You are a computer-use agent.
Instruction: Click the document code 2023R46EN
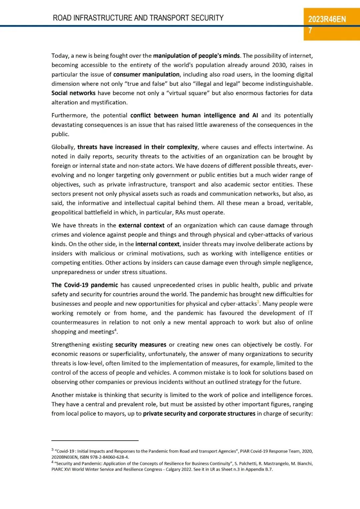click(327, 19)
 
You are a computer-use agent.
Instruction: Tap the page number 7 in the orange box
click(310, 30)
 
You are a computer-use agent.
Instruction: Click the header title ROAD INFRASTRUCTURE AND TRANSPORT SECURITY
click(138, 18)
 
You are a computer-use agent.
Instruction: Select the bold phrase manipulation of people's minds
click(196, 56)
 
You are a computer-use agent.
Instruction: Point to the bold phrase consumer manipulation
click(146, 74)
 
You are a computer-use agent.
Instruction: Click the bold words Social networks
click(73, 93)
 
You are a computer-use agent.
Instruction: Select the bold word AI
click(255, 115)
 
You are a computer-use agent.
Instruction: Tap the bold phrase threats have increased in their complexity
click(137, 147)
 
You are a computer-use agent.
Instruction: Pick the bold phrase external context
click(141, 225)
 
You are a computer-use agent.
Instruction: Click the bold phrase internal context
click(157, 244)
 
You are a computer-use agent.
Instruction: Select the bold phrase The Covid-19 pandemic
click(85, 285)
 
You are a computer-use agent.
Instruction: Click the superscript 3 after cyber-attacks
click(258, 302)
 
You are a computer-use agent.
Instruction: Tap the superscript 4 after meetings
click(115, 330)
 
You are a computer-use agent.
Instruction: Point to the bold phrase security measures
click(141, 345)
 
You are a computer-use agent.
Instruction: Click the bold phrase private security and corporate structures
click(199, 414)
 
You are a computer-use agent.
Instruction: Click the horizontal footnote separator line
click(95, 440)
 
